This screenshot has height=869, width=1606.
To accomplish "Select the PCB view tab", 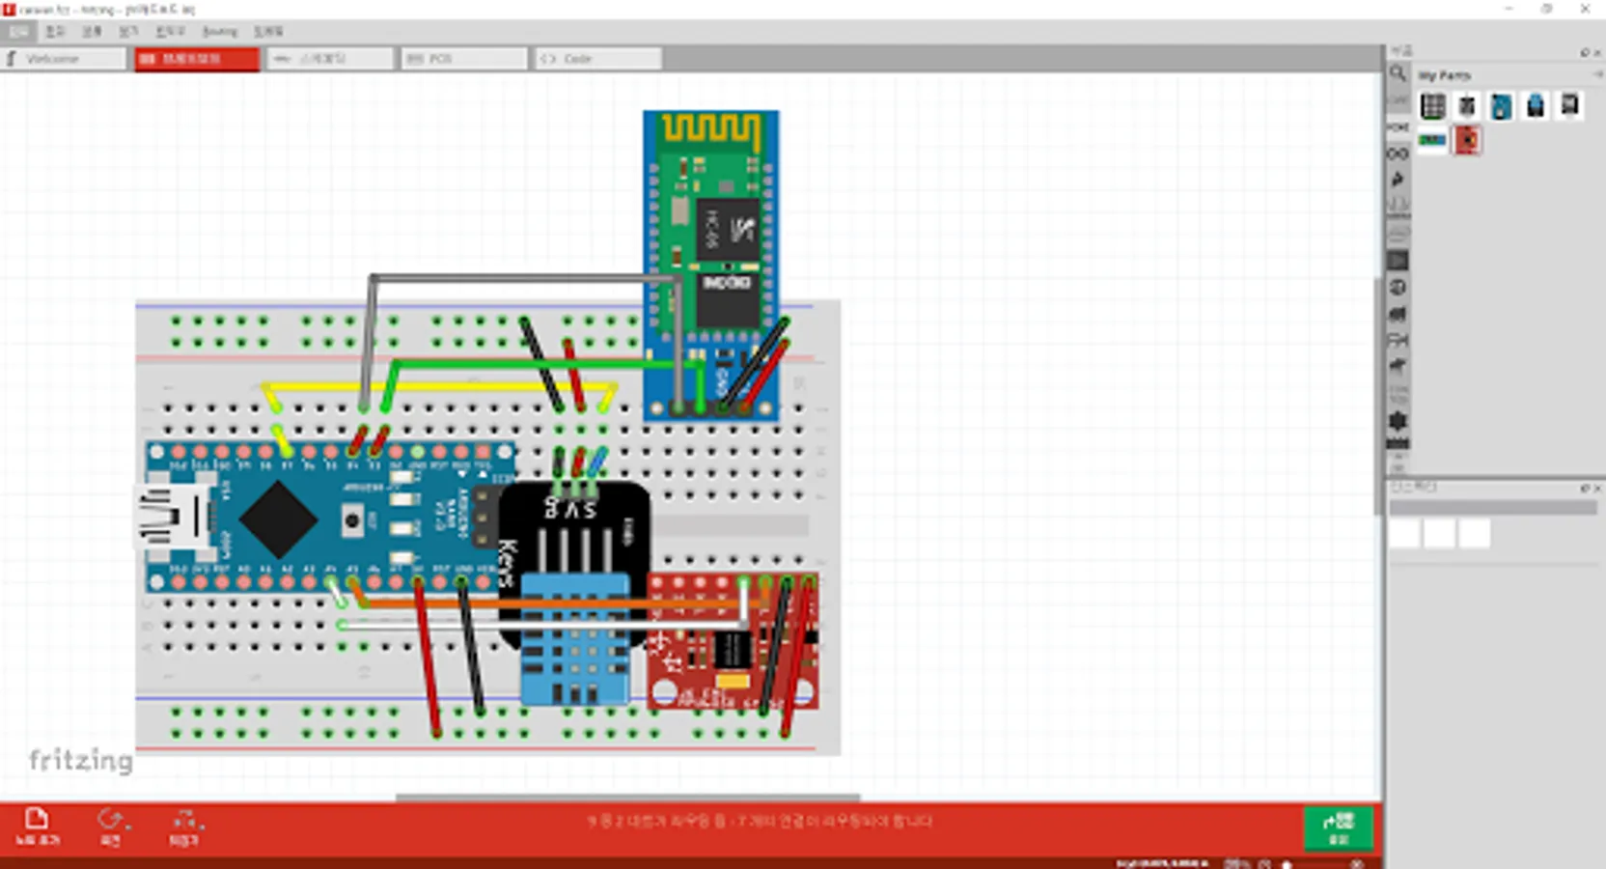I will pyautogui.click(x=463, y=59).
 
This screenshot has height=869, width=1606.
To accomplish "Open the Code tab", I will pyautogui.click(x=596, y=59).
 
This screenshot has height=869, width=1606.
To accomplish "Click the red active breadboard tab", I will pyautogui.click(x=197, y=59).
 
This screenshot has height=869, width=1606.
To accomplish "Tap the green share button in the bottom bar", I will pyautogui.click(x=1338, y=827).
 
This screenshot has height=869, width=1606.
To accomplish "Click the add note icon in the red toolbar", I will pyautogui.click(x=37, y=826).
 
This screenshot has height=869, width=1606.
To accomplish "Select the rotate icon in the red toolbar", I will pyautogui.click(x=111, y=827).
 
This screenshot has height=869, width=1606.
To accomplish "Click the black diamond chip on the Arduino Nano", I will pyautogui.click(x=278, y=519).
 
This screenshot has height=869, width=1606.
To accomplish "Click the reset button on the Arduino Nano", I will pyautogui.click(x=352, y=520).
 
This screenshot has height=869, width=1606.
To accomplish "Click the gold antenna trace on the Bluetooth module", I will pyautogui.click(x=710, y=130).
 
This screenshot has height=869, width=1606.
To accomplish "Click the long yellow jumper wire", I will pyautogui.click(x=439, y=388).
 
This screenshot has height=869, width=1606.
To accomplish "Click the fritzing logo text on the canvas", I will pyautogui.click(x=81, y=760).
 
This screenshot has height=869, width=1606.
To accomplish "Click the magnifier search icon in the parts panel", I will pyautogui.click(x=1398, y=73).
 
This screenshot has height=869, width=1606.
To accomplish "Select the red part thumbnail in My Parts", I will pyautogui.click(x=1467, y=141).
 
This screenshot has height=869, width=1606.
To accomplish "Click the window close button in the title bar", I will pyautogui.click(x=1585, y=9).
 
